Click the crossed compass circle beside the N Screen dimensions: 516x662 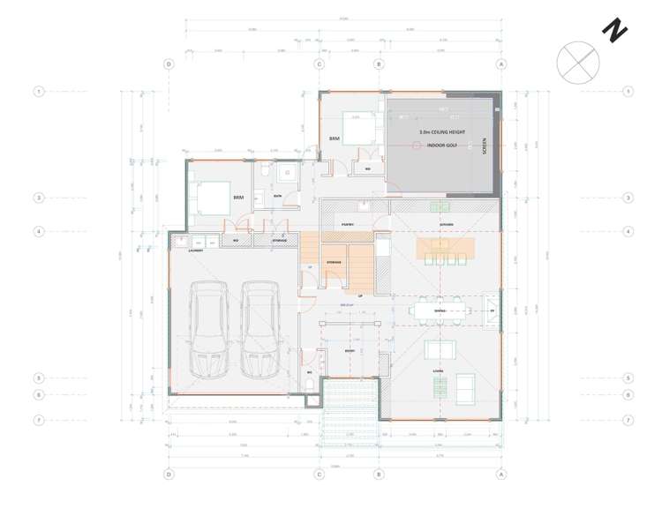(x=578, y=62)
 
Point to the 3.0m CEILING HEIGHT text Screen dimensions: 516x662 (x=439, y=131)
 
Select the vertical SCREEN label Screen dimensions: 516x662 (x=484, y=146)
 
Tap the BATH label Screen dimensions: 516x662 (x=277, y=196)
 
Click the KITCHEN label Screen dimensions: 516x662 (x=447, y=225)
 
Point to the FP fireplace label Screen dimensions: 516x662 (x=492, y=310)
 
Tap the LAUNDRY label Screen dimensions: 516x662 (x=196, y=251)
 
